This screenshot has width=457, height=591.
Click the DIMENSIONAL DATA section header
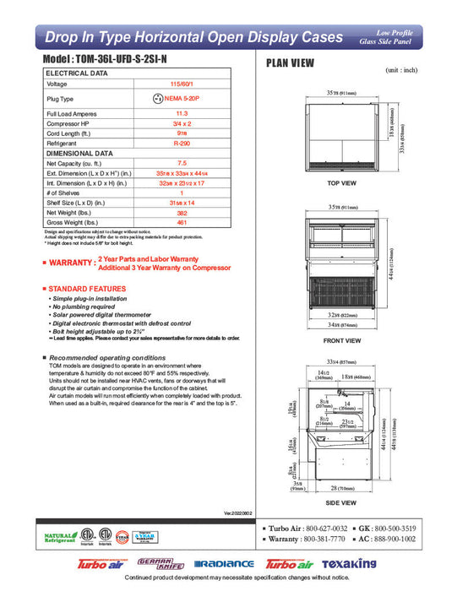point(79,153)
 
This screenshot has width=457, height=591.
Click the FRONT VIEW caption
point(343,340)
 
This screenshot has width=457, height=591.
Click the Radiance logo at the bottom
point(224,564)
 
